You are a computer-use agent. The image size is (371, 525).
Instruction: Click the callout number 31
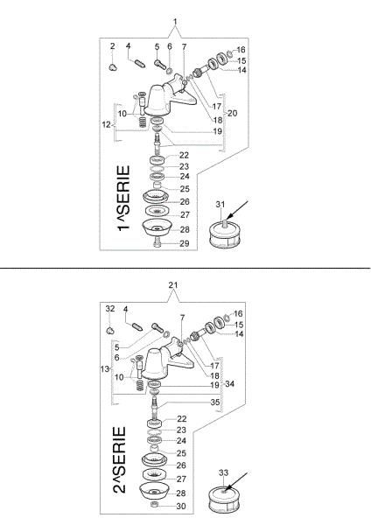point(220,204)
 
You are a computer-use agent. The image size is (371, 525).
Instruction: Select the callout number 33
point(223,472)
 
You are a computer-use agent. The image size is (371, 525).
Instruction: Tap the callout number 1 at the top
point(175,22)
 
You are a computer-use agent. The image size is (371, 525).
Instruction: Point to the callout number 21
point(172,285)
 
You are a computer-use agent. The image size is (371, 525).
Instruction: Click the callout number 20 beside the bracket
point(232,113)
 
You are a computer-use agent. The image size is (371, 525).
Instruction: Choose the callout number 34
point(229,384)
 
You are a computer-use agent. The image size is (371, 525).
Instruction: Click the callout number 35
point(215,402)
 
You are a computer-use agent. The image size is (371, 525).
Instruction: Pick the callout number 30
point(181,507)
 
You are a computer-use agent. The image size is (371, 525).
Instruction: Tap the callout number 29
point(185,243)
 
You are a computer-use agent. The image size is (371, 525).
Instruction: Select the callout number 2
point(113,45)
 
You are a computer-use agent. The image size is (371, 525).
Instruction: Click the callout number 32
point(110,309)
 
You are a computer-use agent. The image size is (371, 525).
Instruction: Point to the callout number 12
point(106,124)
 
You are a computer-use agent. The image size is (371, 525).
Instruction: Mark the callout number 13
point(105,369)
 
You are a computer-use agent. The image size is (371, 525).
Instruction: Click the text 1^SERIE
point(123,198)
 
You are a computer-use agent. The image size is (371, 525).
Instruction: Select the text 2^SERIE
point(120,459)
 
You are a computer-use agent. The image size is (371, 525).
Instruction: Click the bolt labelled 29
point(157,242)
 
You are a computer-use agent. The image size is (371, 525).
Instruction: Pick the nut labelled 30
point(154,505)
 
